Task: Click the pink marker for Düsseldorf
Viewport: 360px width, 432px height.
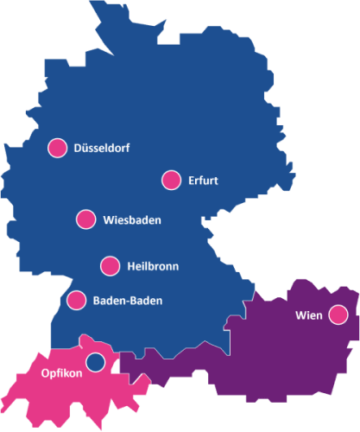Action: click(58, 148)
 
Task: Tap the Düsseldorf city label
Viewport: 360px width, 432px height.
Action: click(102, 148)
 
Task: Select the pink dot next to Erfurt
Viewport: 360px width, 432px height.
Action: click(171, 180)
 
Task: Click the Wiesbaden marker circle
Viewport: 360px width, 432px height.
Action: click(85, 219)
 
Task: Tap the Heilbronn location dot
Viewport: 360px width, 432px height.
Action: click(110, 265)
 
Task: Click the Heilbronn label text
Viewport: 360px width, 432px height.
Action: click(152, 266)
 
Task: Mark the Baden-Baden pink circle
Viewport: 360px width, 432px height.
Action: click(76, 300)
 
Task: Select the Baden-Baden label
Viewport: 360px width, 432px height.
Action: click(127, 301)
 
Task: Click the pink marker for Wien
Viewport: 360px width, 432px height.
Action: click(338, 315)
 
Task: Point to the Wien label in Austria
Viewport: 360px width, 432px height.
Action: click(308, 315)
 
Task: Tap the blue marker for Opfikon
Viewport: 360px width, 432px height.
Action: click(95, 360)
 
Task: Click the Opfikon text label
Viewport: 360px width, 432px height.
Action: click(61, 374)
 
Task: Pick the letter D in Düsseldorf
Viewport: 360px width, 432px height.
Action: click(79, 148)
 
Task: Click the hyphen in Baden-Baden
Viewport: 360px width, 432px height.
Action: click(128, 302)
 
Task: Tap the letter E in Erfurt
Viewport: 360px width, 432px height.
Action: click(191, 181)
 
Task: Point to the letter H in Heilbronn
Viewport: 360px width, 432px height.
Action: click(130, 266)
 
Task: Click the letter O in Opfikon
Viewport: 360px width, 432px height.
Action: click(46, 374)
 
